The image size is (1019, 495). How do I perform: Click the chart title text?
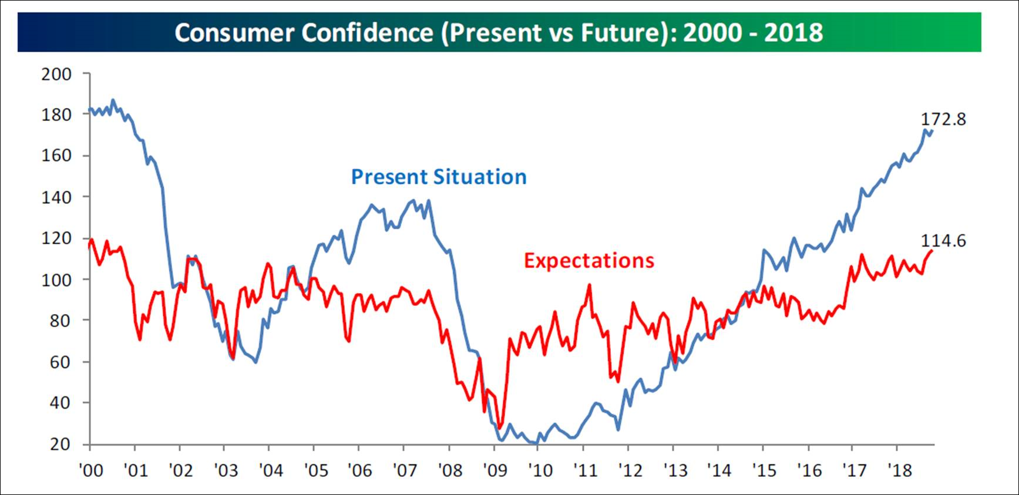499,32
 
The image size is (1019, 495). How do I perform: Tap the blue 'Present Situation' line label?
439,177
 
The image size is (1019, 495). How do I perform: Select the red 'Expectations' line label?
588,260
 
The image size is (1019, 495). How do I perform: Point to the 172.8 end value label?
943,119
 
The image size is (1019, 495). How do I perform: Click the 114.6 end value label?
943,241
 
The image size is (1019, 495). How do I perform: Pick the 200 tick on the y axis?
56,74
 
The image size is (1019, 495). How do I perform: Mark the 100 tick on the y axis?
56,280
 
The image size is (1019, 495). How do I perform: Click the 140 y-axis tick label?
56,197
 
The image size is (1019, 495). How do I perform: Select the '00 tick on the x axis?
90,470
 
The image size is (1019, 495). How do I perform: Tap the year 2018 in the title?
793,32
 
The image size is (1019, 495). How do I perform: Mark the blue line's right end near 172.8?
932,131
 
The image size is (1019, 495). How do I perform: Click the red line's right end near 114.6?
932,251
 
